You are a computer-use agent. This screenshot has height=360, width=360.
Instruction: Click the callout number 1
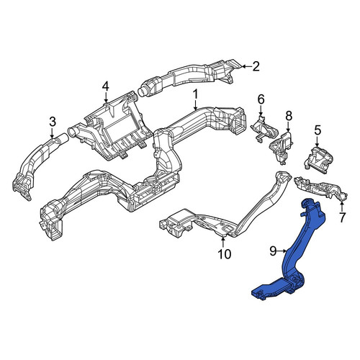pos(196,95)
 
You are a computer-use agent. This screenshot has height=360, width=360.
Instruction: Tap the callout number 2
pos(256,66)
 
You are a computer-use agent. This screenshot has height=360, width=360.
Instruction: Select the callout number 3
pos(53,122)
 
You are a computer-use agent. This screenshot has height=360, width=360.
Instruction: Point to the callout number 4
pos(106,87)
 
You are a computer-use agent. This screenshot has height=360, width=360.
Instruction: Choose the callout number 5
pos(318,130)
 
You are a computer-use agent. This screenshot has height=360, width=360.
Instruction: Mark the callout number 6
pos(261,99)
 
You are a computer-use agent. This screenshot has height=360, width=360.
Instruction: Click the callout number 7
pos(342,218)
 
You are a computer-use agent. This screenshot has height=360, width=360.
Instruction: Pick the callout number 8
pos(289,117)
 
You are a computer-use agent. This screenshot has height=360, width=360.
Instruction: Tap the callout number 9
pos(274,251)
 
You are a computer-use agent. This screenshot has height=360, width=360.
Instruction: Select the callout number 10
pos(224,254)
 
